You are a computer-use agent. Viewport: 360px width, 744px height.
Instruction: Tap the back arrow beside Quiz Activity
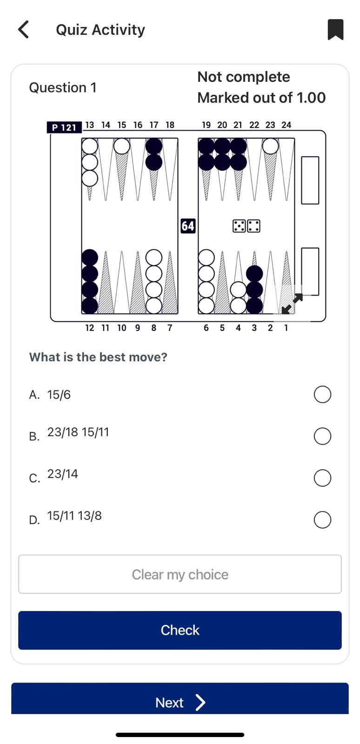tap(23, 30)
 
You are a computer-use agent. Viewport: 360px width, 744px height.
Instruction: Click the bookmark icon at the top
tap(335, 30)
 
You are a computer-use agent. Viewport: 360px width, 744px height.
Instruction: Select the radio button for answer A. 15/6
tap(322, 394)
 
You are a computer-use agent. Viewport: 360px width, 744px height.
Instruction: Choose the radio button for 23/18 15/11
tap(322, 436)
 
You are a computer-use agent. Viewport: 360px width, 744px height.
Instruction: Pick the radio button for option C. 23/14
tap(322, 478)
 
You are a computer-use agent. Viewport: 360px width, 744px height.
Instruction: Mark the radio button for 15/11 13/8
tap(322, 520)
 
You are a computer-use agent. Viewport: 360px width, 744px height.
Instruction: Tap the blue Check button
tap(180, 630)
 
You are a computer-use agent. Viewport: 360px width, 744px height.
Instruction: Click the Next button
tap(180, 703)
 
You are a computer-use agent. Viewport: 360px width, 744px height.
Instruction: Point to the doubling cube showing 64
tap(188, 226)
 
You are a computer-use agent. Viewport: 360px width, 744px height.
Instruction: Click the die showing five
tap(239, 226)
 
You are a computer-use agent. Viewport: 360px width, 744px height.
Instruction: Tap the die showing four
tap(254, 226)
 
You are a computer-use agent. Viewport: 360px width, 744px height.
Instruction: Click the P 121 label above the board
tap(64, 127)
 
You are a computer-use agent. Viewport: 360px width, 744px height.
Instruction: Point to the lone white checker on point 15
tap(121, 146)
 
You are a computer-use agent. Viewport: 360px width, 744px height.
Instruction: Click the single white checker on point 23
tap(270, 146)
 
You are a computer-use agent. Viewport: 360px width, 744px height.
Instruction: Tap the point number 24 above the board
tap(286, 125)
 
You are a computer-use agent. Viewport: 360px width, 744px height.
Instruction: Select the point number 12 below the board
tap(89, 328)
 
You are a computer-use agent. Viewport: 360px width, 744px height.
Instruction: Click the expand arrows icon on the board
tap(292, 304)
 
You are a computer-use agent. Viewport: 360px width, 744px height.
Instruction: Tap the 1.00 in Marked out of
tap(311, 98)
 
